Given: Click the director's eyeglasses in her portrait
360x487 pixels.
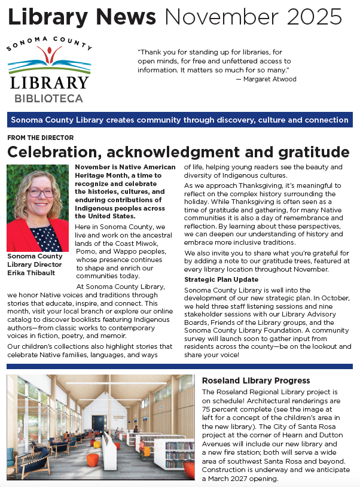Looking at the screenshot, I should point(39,192).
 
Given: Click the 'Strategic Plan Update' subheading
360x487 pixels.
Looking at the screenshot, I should point(221,279).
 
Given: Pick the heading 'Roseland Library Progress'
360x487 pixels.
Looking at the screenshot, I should point(256,381).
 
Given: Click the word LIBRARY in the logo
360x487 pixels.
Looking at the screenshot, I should point(49,83).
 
